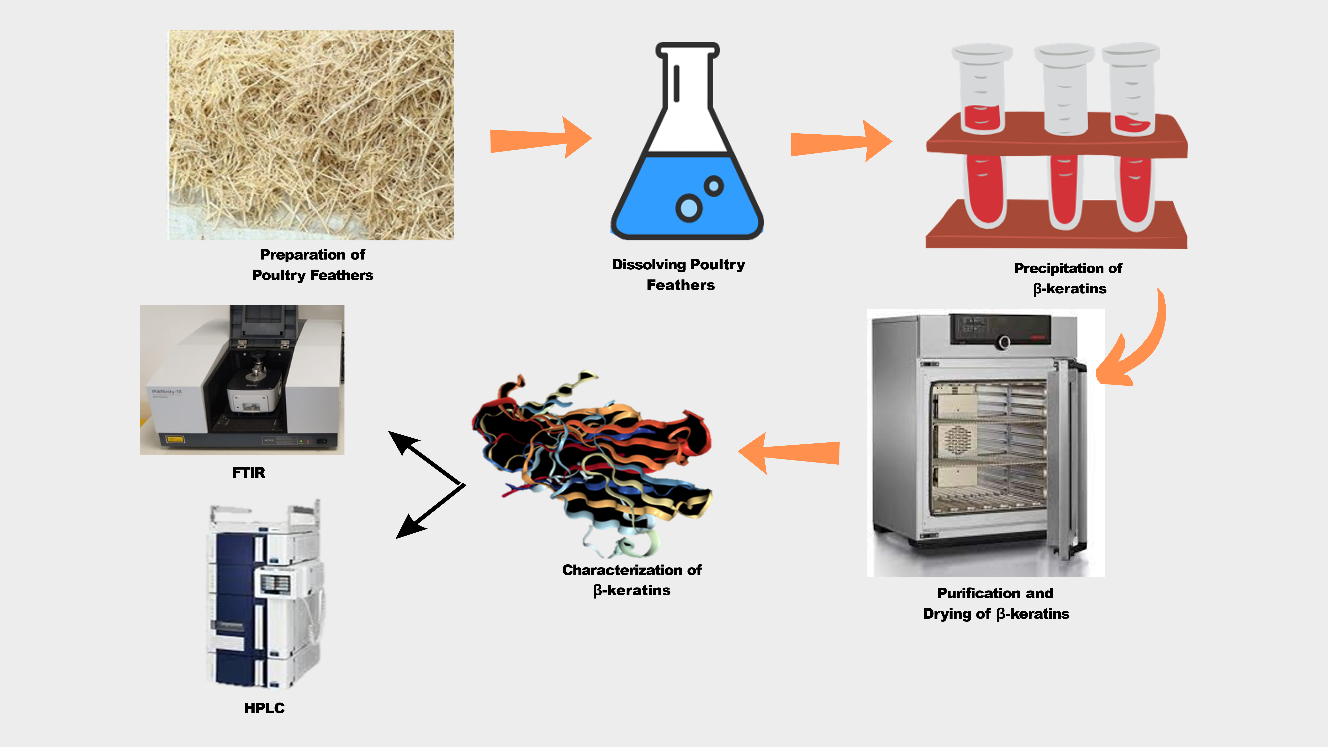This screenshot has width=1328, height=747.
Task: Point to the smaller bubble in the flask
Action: (714, 185)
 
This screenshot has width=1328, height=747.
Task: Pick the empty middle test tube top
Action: (1065, 88)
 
